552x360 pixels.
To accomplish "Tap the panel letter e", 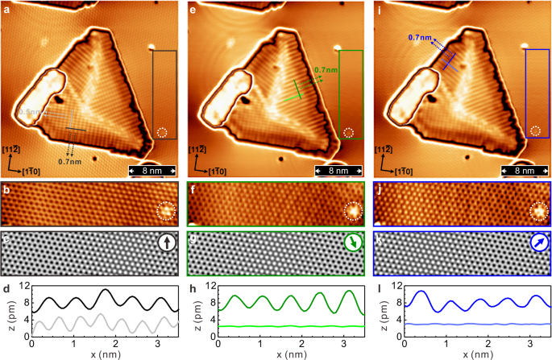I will pos(193,7).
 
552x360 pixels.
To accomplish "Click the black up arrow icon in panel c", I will pos(165,242).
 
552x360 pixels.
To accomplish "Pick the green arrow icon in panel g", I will pos(351,242).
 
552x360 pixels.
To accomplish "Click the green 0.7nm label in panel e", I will pos(326,70).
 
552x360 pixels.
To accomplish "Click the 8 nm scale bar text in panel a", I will pos(153,171).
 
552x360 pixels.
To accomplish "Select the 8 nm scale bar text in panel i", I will pos(524,171).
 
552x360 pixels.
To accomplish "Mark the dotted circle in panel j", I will pos(537,211).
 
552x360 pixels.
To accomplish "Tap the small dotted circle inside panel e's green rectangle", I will pos(348,132).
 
